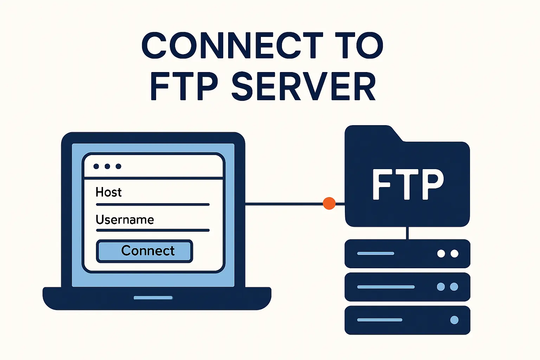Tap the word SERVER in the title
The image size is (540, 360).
[304, 86]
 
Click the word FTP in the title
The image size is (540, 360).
[184, 86]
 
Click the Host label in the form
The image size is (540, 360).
[109, 192]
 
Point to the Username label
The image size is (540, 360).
[125, 220]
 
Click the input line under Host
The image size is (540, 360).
[153, 204]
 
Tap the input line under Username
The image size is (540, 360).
[153, 230]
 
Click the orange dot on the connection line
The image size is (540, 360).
[329, 203]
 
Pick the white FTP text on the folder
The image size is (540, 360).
[408, 184]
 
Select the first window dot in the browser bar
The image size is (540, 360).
[96, 166]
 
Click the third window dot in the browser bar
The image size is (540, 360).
[118, 166]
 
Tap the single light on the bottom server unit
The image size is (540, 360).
[454, 320]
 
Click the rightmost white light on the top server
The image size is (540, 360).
[454, 253]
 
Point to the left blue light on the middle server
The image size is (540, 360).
[441, 287]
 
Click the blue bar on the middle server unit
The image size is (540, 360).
[386, 287]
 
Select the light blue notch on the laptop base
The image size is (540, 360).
[153, 298]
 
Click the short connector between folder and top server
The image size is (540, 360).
[407, 233]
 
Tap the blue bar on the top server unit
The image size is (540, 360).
[375, 253]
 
